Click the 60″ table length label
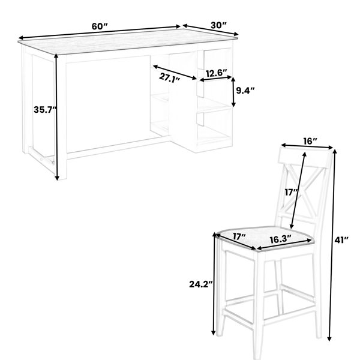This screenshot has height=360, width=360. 100,26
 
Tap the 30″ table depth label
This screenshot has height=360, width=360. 218,25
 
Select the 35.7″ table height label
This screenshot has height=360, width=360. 45,110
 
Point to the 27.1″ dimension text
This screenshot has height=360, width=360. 169,78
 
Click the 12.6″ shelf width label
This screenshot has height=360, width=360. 216,73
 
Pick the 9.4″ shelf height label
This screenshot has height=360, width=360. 245,91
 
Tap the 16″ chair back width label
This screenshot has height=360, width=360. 310,141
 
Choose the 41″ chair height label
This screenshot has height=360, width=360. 341,240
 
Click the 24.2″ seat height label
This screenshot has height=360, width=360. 201,284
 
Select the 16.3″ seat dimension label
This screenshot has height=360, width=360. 281,239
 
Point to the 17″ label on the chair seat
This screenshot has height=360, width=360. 239,236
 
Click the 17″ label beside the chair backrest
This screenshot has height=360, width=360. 292,192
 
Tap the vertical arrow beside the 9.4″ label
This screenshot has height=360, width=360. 233,92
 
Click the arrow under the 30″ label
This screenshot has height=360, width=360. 211,29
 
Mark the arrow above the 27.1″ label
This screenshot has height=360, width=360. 175,73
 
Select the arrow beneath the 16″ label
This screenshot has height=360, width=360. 307,146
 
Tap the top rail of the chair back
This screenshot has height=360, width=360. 305,158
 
